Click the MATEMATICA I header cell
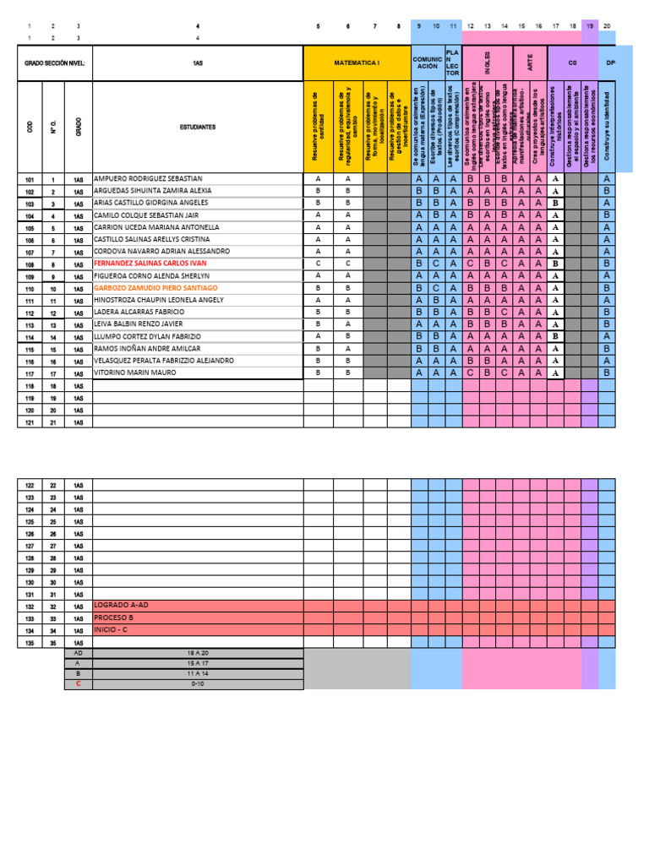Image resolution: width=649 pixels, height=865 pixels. click(357, 63)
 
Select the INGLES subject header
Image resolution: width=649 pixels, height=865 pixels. click(488, 63)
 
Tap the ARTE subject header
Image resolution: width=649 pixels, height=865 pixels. click(530, 63)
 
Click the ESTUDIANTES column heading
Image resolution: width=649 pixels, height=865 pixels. click(198, 127)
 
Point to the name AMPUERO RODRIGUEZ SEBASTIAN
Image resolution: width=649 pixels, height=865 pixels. click(148, 179)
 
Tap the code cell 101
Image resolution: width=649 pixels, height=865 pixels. click(30, 179)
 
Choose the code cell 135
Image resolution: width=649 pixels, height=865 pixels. click(30, 643)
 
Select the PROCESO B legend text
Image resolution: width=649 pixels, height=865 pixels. click(115, 618)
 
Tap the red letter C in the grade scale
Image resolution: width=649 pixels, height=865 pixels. click(79, 684)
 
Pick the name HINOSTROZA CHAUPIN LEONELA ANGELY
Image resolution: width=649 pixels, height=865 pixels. click(159, 300)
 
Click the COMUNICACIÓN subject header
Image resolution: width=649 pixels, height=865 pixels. click(427, 63)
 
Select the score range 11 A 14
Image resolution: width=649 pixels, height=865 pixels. click(197, 674)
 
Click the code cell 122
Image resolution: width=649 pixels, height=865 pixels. click(30, 485)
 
